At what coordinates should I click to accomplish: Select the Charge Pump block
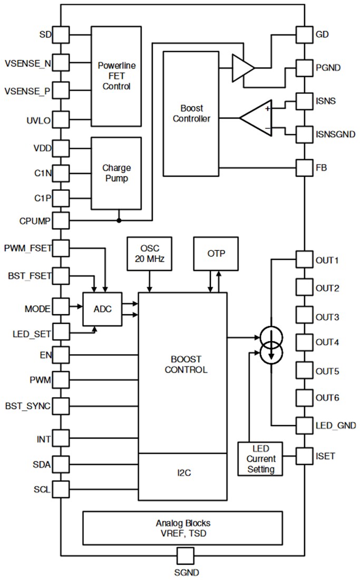[116, 173]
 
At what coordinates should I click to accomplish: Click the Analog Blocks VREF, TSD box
[182, 528]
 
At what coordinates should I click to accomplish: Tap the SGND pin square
[185, 556]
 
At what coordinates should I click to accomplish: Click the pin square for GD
[304, 35]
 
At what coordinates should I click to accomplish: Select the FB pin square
[304, 168]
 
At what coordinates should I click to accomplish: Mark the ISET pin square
[304, 455]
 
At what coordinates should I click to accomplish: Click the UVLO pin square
[61, 120]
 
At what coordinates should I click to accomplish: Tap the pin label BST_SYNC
[28, 407]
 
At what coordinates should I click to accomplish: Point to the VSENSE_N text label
[28, 63]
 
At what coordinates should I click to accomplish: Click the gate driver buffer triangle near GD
[242, 67]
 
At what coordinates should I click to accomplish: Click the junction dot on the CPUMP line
[119, 220]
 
